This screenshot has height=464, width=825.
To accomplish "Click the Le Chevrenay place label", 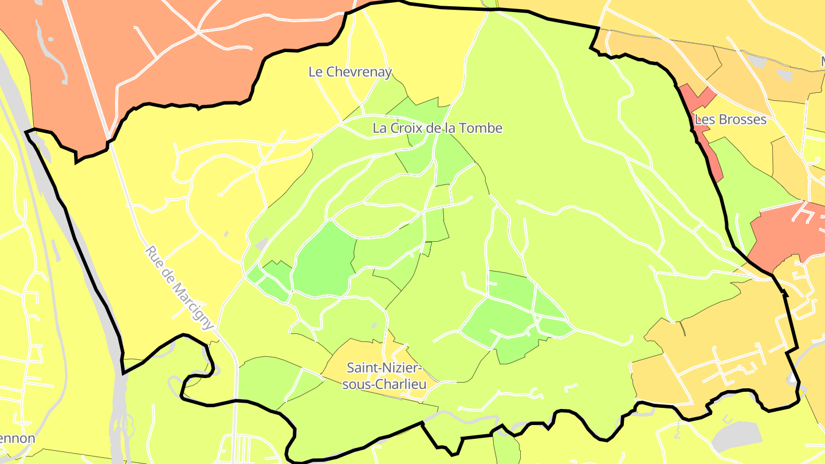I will click(x=350, y=72).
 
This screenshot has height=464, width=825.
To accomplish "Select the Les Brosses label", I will click(x=730, y=120).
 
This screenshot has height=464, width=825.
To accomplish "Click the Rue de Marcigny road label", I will click(x=179, y=288).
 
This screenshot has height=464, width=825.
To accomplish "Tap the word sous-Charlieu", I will click(x=384, y=384).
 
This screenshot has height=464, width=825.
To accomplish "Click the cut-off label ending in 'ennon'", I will click(x=17, y=439).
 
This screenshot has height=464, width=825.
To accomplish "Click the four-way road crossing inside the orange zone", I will click(x=198, y=32).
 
